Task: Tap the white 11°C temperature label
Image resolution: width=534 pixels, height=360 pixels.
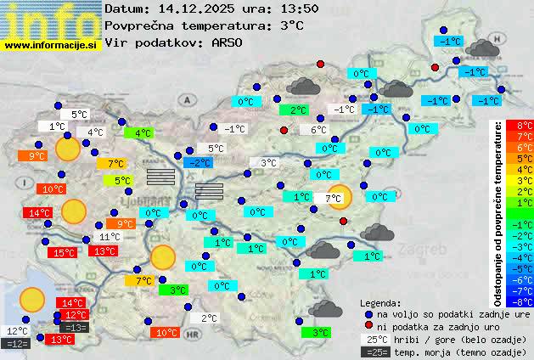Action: (109, 237)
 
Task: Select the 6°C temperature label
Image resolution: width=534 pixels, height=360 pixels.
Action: (318, 130)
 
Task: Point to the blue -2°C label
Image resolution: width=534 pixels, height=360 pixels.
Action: (200, 162)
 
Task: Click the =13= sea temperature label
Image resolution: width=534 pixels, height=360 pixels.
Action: (75, 327)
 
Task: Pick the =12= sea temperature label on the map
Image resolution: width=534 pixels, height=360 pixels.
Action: (17, 343)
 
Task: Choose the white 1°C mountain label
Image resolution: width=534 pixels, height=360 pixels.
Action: (57, 127)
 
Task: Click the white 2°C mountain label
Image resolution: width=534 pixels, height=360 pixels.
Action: (210, 318)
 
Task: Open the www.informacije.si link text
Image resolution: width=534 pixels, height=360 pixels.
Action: (50, 44)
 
